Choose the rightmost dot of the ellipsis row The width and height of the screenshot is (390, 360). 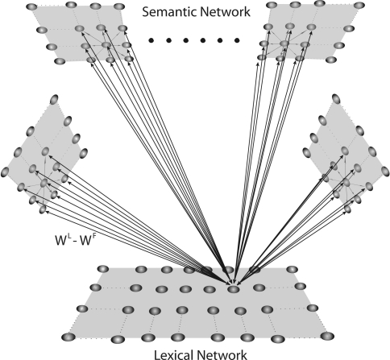coord(237,39)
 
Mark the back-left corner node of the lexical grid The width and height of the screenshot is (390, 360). coord(102,269)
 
